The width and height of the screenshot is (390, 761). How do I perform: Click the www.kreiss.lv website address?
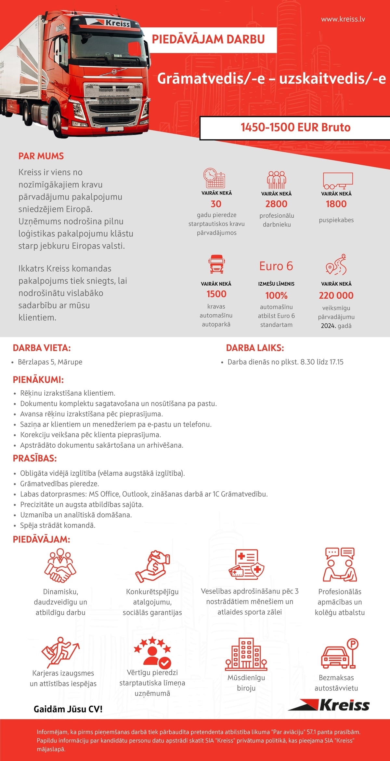point(343,19)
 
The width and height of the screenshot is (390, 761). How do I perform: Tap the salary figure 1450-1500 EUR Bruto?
point(295,128)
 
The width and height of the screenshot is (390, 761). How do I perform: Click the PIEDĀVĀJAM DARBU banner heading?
point(208,39)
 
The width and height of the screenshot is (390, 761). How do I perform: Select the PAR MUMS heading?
point(41,156)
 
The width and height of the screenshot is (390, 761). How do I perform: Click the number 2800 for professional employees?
point(276,204)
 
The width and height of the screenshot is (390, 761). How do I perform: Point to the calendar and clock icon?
point(214,178)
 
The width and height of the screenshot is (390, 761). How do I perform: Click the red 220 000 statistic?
point(336,295)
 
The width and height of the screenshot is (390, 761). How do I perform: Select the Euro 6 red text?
point(276,266)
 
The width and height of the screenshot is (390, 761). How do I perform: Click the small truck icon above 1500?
point(216,264)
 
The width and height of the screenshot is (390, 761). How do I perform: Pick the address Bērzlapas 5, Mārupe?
point(50,362)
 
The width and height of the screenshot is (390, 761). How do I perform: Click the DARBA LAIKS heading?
point(255,348)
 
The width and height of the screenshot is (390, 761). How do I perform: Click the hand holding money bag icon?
point(153,566)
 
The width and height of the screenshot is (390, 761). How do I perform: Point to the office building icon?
point(246,654)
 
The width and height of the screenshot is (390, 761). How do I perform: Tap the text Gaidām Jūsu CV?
point(68,709)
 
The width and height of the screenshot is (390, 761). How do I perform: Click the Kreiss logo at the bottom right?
point(329,705)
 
